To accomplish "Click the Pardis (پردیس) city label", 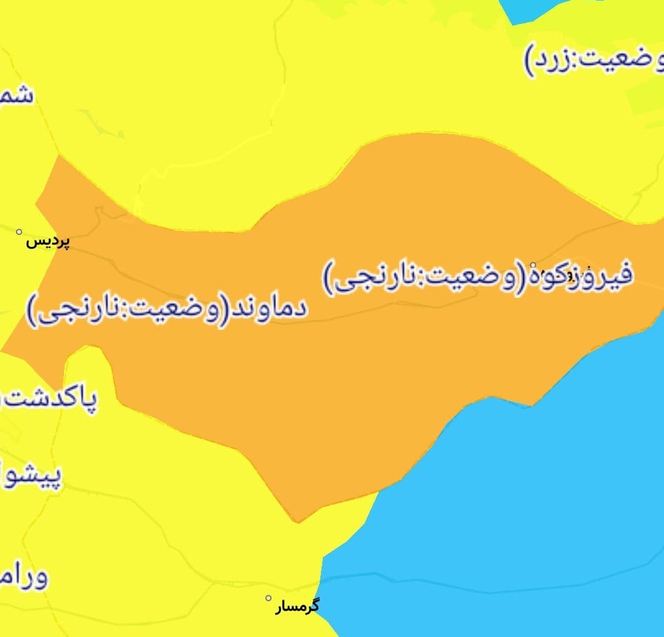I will (x=48, y=241).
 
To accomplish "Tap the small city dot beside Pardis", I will (x=19, y=232).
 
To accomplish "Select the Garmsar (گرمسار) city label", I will (x=297, y=606).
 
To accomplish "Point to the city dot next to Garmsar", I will (x=268, y=598).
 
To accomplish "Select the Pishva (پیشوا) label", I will (x=31, y=477).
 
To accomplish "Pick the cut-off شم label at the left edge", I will (x=16, y=96).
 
